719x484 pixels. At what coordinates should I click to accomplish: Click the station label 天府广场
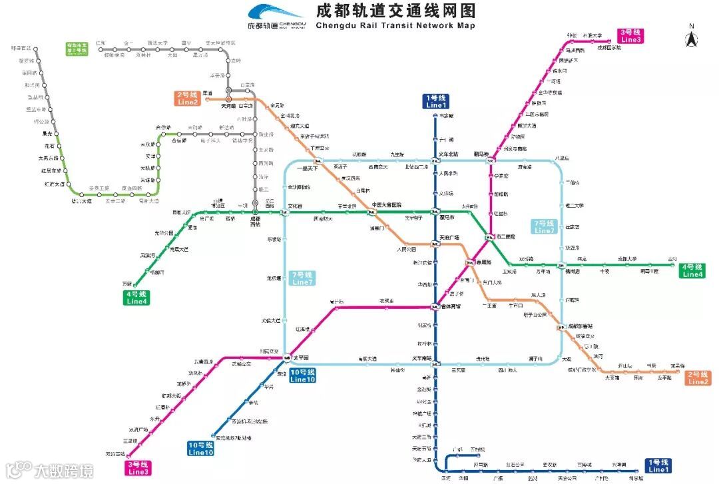[450, 238]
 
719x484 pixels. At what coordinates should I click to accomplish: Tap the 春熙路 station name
[483, 262]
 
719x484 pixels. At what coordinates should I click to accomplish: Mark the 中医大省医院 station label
[387, 205]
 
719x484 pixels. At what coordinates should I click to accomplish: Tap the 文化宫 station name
[295, 206]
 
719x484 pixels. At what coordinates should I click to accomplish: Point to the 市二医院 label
[506, 236]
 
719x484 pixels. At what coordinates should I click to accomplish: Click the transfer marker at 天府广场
[433, 244]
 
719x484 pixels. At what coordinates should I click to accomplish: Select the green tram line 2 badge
[77, 48]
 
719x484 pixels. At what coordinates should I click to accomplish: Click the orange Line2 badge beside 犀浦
[188, 99]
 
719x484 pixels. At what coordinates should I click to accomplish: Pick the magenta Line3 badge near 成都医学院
[630, 36]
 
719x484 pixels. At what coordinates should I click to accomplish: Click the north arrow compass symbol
[692, 37]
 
